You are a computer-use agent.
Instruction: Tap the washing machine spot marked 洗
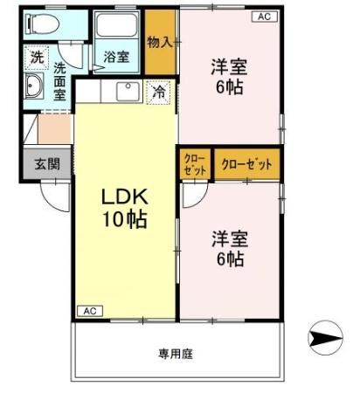click(36, 57)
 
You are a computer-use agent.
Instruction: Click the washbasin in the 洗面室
click(35, 86)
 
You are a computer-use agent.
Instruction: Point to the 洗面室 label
click(59, 80)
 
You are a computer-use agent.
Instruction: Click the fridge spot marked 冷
click(159, 89)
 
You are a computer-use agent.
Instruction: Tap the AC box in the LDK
click(89, 311)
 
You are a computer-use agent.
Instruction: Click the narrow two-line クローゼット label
click(194, 164)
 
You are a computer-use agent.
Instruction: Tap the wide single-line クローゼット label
click(247, 164)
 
